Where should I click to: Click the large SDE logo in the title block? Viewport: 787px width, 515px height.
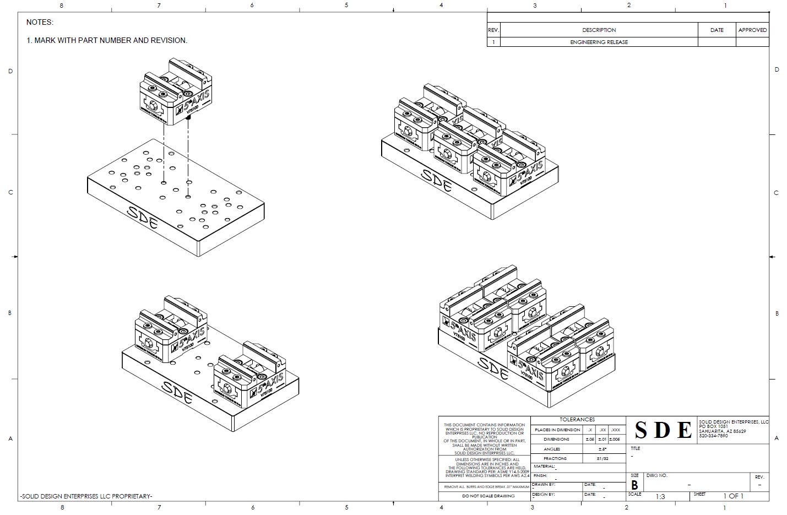pyautogui.click(x=663, y=430)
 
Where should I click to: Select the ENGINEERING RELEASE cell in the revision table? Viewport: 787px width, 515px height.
pyautogui.click(x=599, y=42)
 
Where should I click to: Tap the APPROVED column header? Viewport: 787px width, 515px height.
pyautogui.click(x=752, y=30)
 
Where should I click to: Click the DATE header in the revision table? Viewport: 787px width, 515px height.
pyautogui.click(x=717, y=30)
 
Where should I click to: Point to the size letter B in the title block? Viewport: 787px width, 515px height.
pyautogui.click(x=634, y=486)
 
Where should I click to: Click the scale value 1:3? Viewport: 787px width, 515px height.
pyautogui.click(x=660, y=496)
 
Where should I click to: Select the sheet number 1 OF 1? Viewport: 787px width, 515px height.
pyautogui.click(x=733, y=496)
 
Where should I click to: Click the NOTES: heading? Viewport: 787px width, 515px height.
pyautogui.click(x=40, y=23)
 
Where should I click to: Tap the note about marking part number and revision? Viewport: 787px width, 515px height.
pyautogui.click(x=107, y=40)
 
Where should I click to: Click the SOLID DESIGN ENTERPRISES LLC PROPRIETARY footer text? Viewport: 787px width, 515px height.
pyautogui.click(x=86, y=496)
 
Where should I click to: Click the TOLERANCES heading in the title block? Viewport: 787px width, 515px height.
pyautogui.click(x=577, y=420)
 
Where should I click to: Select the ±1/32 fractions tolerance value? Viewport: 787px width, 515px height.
pyautogui.click(x=602, y=458)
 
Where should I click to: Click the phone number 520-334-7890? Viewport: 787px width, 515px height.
pyautogui.click(x=713, y=436)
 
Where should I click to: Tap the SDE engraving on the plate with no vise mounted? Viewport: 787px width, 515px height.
pyautogui.click(x=143, y=218)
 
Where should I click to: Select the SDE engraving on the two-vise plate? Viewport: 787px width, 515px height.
pyautogui.click(x=177, y=393)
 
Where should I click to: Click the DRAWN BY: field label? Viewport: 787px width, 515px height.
pyautogui.click(x=544, y=485)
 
